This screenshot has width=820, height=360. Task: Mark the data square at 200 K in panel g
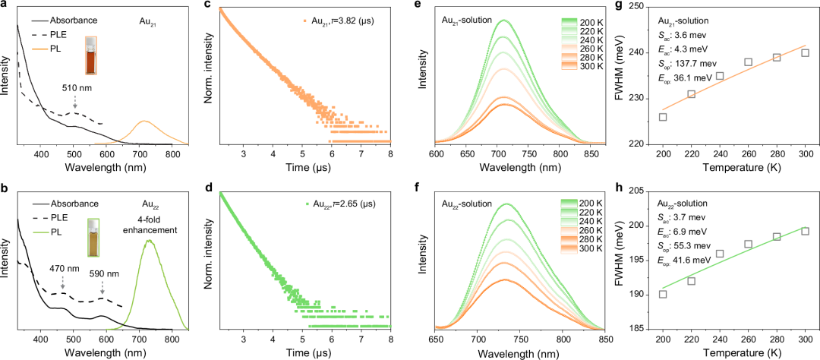click(663, 117)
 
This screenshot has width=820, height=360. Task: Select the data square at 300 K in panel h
click(805, 231)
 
